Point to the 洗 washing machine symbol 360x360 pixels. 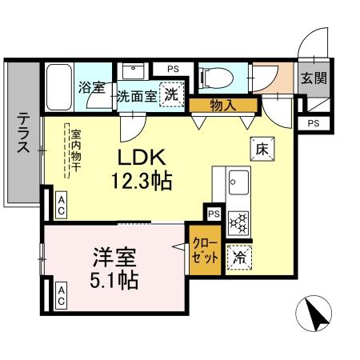coord(171,94)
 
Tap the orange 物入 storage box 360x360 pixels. coord(224,103)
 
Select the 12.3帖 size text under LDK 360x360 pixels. coord(142,182)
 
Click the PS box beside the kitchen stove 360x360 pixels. coord(214,214)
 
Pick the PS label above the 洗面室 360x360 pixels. coord(173,70)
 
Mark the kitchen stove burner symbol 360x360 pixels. coord(238,221)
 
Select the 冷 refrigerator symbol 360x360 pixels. coord(238,257)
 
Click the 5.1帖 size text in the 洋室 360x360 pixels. coord(114,280)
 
